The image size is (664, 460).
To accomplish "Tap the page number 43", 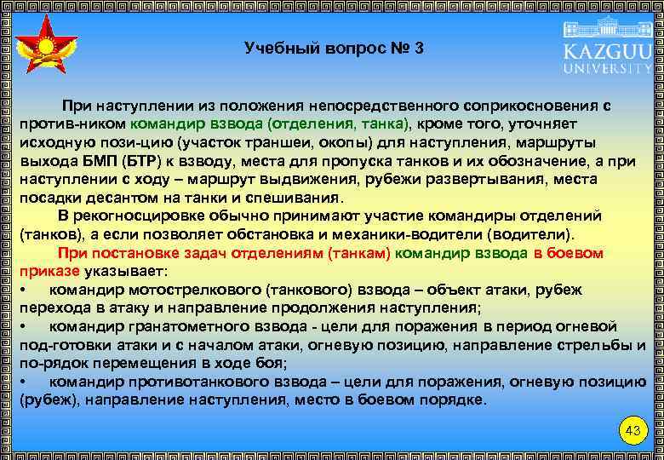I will (632, 431).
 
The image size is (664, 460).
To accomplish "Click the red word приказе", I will (49, 271).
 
